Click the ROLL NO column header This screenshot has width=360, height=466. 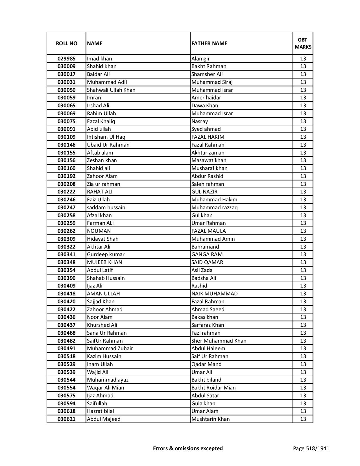click(66, 43)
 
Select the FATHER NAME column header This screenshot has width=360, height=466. click(209, 43)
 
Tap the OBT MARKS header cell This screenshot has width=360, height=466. click(303, 43)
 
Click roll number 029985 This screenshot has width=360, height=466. click(66, 59)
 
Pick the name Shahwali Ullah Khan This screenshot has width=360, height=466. click(111, 90)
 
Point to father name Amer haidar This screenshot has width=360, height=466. click(206, 98)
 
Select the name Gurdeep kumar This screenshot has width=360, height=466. click(106, 254)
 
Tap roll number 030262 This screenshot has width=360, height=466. click(66, 231)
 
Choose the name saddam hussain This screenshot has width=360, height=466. click(106, 208)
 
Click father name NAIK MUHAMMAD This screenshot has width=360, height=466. click(214, 294)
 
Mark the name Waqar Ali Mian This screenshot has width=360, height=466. click(105, 388)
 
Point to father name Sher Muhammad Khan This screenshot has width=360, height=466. click(219, 341)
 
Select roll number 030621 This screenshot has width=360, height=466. click(66, 419)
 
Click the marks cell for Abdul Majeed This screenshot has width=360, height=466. click(303, 419)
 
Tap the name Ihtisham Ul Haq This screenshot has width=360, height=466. click(106, 137)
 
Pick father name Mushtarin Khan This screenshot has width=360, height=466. click(210, 419)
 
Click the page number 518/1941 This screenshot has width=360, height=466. click(311, 448)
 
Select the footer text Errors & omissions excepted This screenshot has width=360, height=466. click(188, 448)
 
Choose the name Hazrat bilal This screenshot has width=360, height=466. click(100, 411)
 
